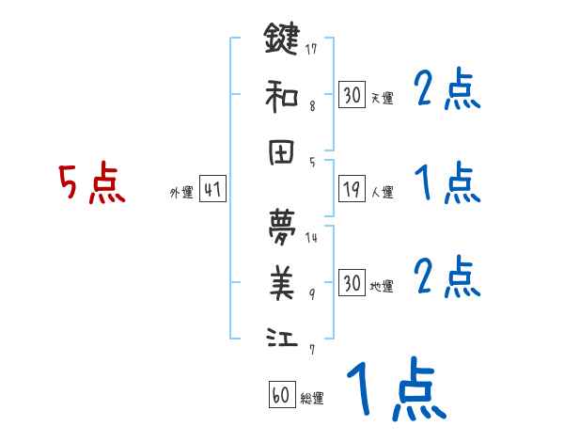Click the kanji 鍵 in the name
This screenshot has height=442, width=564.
[281, 39]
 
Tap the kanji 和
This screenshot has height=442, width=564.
[281, 94]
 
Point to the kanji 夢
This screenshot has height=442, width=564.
[281, 225]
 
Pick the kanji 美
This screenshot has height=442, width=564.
[281, 281]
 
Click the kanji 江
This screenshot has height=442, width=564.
[281, 337]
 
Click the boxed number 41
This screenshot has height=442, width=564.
[212, 190]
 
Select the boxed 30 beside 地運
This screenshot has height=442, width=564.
[352, 283]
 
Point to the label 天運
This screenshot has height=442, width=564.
[382, 98]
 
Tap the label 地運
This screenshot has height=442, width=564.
[382, 287]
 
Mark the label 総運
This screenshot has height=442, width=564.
[312, 399]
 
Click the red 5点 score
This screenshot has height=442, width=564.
[91, 184]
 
